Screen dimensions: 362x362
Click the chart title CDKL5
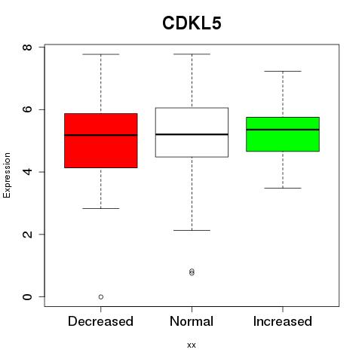pyautogui.click(x=192, y=23)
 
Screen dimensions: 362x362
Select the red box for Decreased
pyautogui.click(x=101, y=140)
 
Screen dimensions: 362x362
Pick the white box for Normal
pyautogui.click(x=192, y=132)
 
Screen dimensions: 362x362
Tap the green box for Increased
pyautogui.click(x=283, y=134)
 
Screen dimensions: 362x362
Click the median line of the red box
pyautogui.click(x=101, y=135)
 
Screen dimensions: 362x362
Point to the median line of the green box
pyautogui.click(x=283, y=130)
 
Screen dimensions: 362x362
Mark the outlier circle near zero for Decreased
pyautogui.click(x=101, y=297)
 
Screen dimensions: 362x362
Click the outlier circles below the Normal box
pyautogui.click(x=192, y=271)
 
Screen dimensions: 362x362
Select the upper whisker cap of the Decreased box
pyautogui.click(x=101, y=54)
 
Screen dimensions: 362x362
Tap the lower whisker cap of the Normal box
pyautogui.click(x=192, y=230)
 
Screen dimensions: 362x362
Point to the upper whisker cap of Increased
pyautogui.click(x=283, y=71)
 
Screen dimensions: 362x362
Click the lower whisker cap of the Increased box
pyautogui.click(x=283, y=188)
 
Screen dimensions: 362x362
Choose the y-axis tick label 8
pyautogui.click(x=27, y=47)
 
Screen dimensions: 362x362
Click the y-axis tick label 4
pyautogui.click(x=27, y=172)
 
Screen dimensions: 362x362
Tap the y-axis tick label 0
pyautogui.click(x=27, y=296)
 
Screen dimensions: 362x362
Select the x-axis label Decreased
pyautogui.click(x=100, y=321)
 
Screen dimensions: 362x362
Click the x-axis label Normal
pyautogui.click(x=192, y=321)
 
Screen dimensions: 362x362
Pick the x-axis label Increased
pyautogui.click(x=283, y=321)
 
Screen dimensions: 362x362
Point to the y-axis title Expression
pyautogui.click(x=7, y=175)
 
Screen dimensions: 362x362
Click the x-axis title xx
pyautogui.click(x=192, y=345)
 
